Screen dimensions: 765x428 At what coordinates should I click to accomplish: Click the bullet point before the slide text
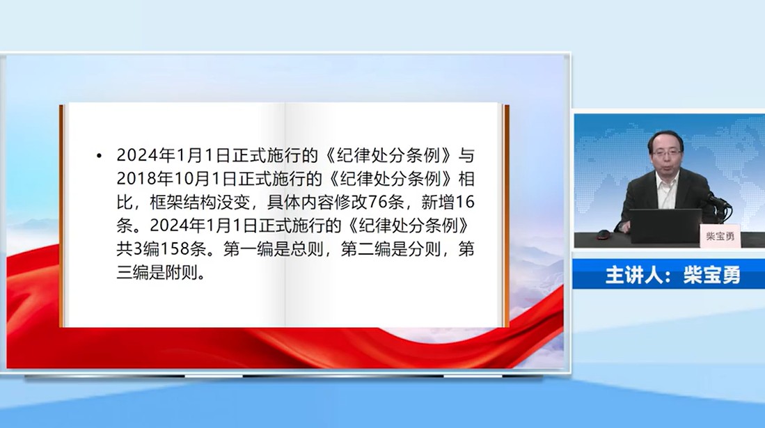[x=100, y=156]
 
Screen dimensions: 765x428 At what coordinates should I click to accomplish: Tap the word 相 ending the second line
[x=466, y=179]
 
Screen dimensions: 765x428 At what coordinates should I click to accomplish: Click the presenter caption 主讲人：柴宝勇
[x=673, y=275]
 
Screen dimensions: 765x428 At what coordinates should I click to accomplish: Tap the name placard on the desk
[x=720, y=236]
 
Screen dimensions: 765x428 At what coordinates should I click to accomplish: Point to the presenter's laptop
[x=665, y=225]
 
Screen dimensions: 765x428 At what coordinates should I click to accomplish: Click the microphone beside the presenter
[x=718, y=200]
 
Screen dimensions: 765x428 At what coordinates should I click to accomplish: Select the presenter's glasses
[x=667, y=152]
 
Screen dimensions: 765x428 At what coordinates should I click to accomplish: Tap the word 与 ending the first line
[x=466, y=155]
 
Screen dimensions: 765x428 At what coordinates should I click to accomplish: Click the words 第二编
[x=365, y=249]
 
